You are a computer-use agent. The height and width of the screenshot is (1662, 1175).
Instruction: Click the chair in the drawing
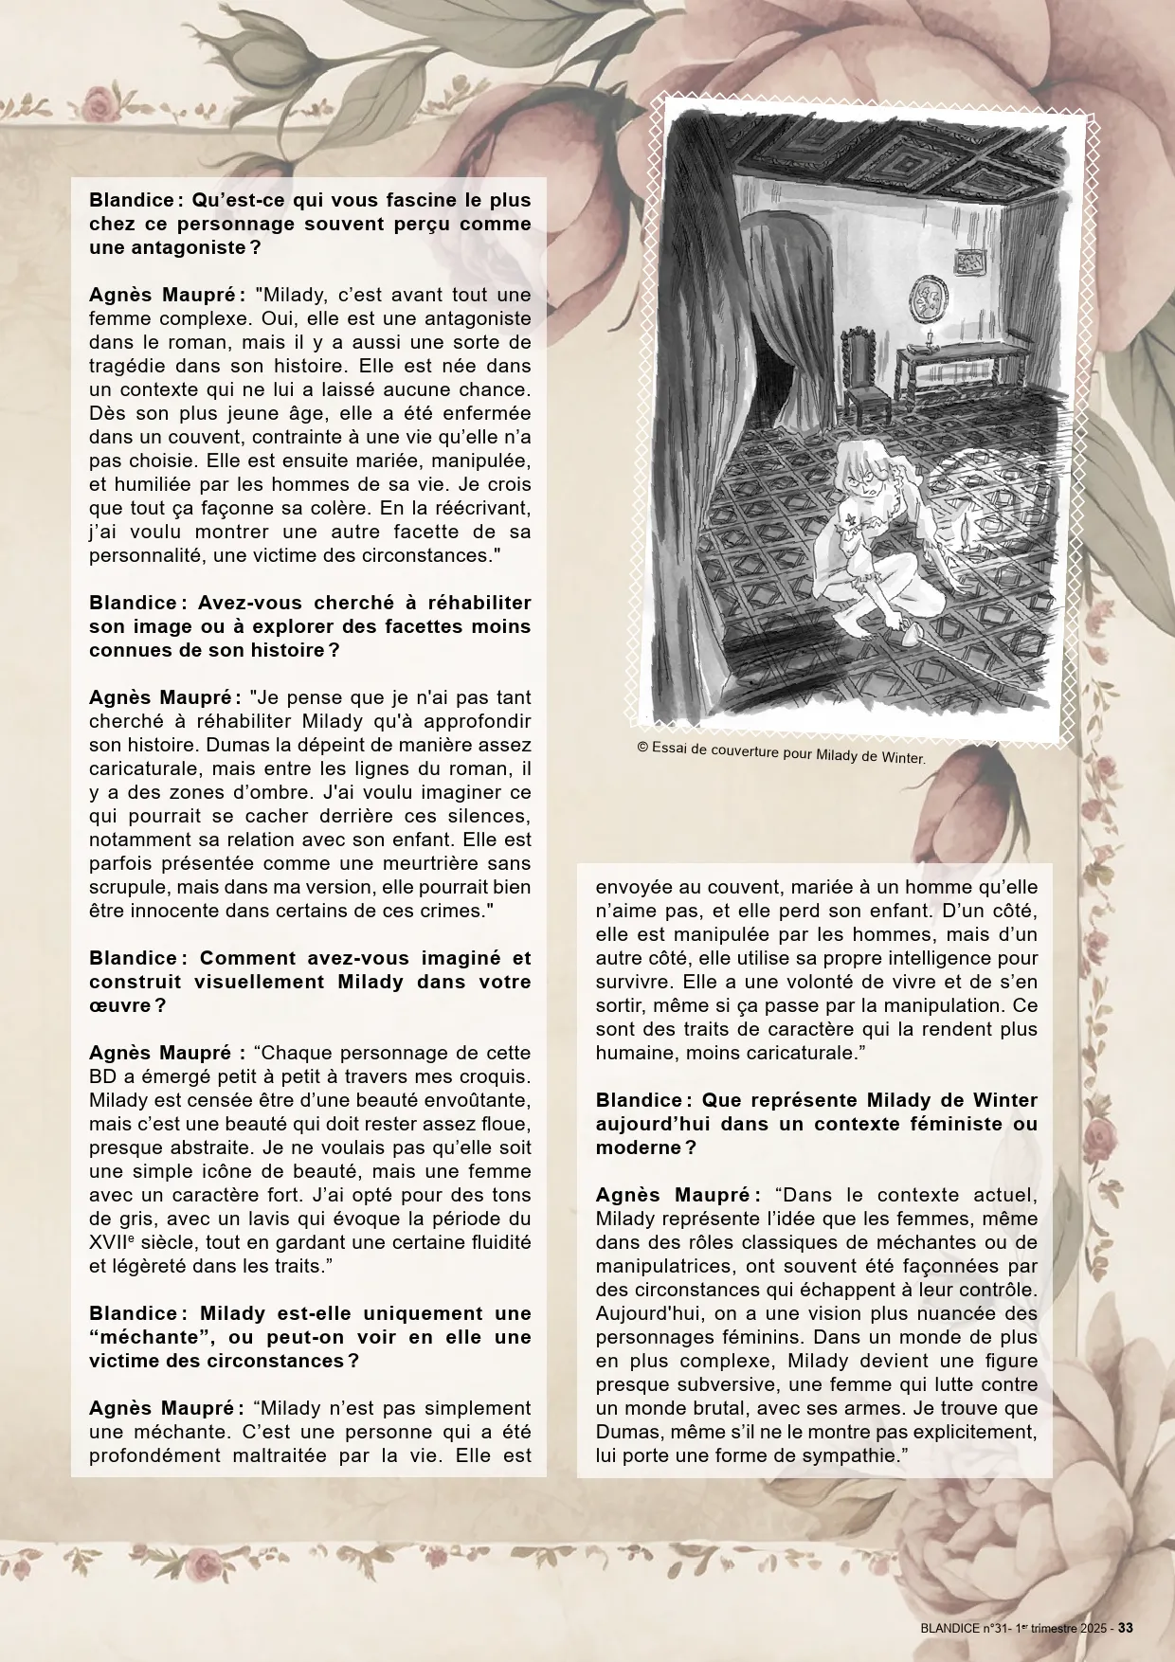pyautogui.click(x=861, y=373)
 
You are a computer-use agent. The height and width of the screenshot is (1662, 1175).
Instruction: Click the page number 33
pyautogui.click(x=1126, y=1628)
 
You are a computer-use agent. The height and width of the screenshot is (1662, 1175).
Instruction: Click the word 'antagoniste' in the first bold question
pyautogui.click(x=173, y=247)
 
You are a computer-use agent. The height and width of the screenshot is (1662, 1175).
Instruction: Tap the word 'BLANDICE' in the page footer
pyautogui.click(x=952, y=1629)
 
